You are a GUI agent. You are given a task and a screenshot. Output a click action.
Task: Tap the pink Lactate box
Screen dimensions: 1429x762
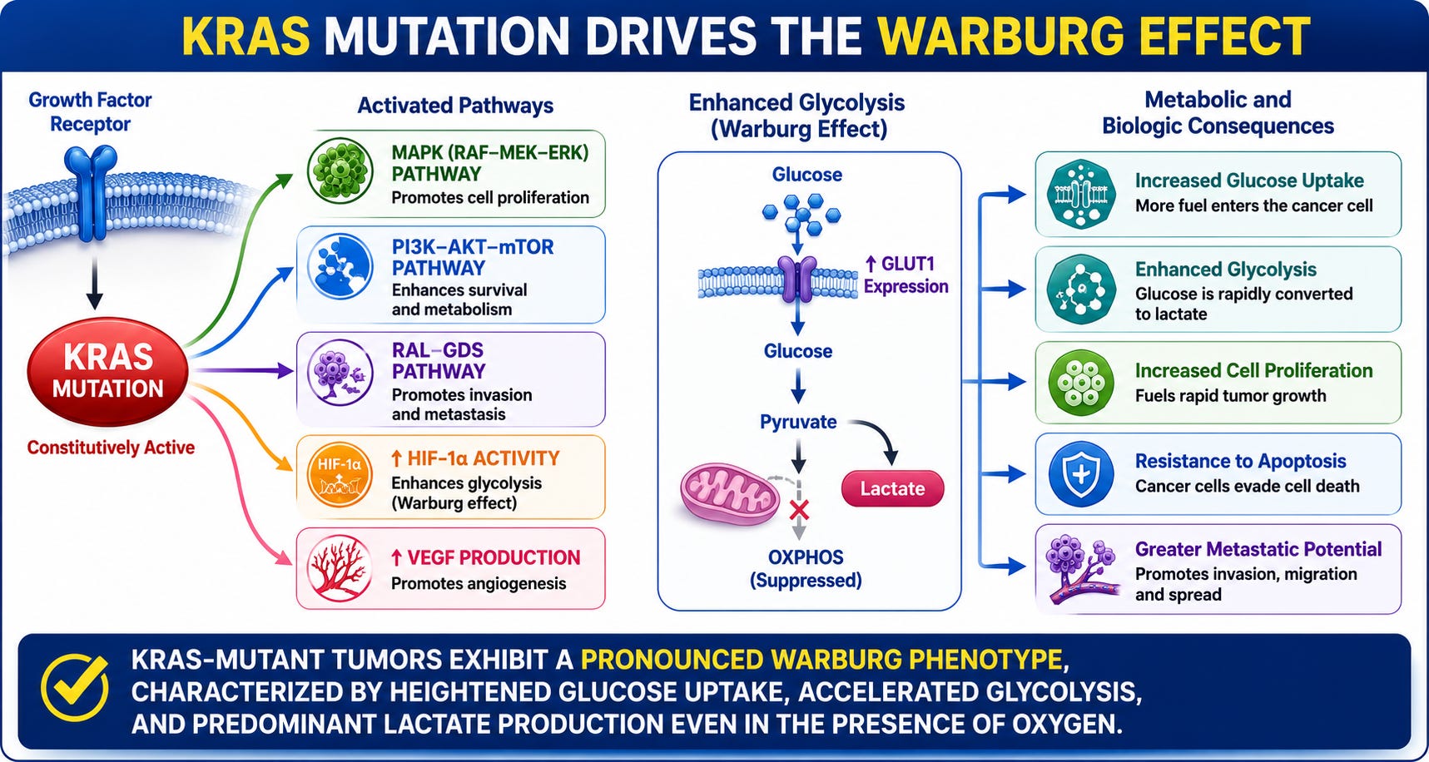[892, 488]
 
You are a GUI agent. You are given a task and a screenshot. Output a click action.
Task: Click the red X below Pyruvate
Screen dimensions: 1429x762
[799, 509]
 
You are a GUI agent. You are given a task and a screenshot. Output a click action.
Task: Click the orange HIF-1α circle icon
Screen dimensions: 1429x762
[339, 477]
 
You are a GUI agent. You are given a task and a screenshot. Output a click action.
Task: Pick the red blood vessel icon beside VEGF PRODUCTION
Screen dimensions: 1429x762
[339, 569]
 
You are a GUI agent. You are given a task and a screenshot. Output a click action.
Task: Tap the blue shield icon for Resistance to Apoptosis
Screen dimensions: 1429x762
[1080, 474]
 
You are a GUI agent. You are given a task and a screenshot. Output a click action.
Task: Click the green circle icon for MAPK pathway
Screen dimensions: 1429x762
[340, 172]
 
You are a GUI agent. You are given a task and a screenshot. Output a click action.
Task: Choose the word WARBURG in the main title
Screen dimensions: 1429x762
[999, 37]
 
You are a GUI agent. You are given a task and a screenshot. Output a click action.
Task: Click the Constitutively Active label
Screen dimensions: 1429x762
[111, 448]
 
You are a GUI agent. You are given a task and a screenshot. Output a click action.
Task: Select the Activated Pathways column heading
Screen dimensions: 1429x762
[455, 106]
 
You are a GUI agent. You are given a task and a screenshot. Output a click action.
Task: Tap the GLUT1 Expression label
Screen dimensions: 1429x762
[906, 275]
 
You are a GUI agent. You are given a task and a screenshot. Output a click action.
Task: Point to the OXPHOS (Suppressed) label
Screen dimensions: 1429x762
[806, 569]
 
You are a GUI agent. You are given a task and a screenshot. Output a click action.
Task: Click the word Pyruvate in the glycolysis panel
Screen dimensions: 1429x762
[798, 422]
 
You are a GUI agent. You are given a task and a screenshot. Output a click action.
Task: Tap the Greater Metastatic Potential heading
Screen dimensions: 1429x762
[1258, 549]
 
